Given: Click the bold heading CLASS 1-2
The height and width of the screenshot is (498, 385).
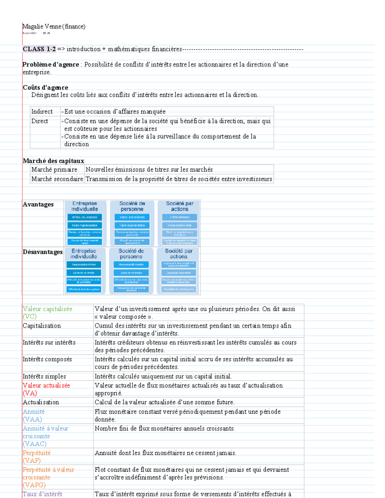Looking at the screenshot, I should pos(39,49).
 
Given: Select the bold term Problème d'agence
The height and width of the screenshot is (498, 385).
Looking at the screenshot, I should pos(50,64).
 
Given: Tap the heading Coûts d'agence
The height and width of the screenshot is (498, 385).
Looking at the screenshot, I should pos(45,88).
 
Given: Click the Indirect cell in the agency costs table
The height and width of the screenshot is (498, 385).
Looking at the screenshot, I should pos(42,112).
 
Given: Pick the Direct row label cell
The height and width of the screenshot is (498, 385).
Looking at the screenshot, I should pos(40,121).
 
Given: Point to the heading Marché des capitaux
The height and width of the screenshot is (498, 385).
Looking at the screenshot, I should pos(53,161).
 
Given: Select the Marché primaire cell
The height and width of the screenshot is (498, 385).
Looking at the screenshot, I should pos(54,170).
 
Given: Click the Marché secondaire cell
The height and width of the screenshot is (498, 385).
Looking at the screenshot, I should pos(57,179).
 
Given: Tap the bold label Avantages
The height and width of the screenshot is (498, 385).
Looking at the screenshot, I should pos(38,205).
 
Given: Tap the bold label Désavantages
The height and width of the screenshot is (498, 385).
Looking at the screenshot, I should pos(43,252).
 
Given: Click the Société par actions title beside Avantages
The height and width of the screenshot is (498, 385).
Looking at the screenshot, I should pos(179,206).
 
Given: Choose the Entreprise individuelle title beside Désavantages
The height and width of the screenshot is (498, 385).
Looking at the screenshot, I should pos(83,254).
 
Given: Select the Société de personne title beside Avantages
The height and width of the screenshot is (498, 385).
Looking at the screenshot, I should pos(132,206).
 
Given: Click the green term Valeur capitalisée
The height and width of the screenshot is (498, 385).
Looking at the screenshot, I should pos(47,309).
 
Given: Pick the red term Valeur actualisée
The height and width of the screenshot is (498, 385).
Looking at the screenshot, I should pos(46,385).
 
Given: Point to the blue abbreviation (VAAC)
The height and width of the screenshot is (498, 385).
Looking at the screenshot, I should pos(35,444).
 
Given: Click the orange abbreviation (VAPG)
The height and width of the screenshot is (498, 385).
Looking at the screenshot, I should pos(34,485).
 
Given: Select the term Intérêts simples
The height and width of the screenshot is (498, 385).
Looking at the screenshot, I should pos(44,376).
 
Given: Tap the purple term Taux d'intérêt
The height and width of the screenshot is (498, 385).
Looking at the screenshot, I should pos(42,494).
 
